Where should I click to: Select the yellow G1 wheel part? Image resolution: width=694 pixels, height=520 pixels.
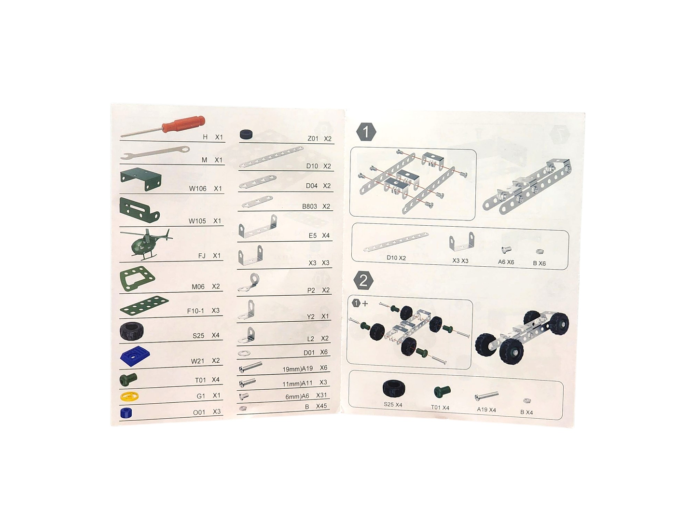click(x=129, y=397)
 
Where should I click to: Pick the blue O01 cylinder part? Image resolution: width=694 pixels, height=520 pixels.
click(x=126, y=412)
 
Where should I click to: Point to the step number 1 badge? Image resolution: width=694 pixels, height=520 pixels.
click(x=366, y=132)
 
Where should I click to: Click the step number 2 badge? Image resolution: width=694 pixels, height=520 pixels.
click(x=363, y=280)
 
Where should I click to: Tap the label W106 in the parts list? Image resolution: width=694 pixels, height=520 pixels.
click(x=197, y=189)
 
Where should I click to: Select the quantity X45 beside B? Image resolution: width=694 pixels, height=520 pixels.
click(x=321, y=406)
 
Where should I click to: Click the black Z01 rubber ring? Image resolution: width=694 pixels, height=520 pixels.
click(x=247, y=135)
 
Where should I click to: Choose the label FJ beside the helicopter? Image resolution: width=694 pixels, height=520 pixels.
click(x=202, y=256)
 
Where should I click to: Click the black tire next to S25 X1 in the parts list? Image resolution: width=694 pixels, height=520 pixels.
click(x=131, y=331)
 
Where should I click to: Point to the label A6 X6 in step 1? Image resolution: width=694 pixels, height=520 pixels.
click(x=506, y=262)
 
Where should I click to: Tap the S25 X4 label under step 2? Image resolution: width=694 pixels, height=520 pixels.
click(x=393, y=405)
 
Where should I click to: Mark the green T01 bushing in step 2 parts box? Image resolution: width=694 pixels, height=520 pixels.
click(x=441, y=392)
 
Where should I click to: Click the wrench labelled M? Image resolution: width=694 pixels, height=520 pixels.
click(x=154, y=153)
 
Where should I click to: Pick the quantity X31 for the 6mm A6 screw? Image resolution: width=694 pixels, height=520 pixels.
click(x=321, y=395)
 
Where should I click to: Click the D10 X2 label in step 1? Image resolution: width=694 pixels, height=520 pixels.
click(x=396, y=258)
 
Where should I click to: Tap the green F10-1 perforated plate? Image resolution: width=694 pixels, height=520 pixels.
click(x=144, y=306)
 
